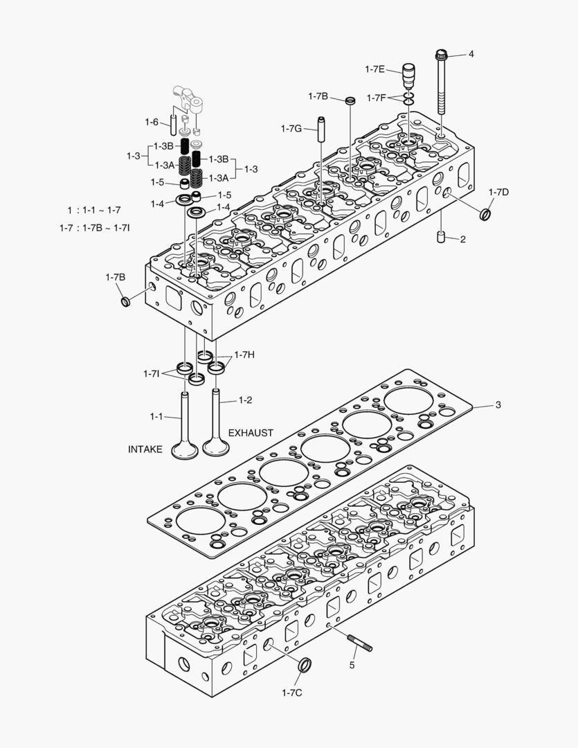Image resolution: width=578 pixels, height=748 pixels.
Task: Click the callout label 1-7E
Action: pos(374,69)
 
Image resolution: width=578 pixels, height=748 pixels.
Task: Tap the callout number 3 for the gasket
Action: pos(497,405)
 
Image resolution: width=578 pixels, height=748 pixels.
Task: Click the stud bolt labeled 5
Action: pos(361,645)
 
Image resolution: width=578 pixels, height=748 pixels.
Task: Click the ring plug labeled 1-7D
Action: pos(487,213)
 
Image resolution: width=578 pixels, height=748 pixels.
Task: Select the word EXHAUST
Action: pos(251,433)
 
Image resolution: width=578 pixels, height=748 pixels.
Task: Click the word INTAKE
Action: pos(145,449)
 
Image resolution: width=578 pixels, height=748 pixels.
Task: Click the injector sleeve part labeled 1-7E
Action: pos(410,73)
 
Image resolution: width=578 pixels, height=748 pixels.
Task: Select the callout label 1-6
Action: pos(152,122)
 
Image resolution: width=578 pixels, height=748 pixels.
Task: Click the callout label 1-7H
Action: pos(244,355)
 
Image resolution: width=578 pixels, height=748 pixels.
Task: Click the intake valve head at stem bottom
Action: pos(184,450)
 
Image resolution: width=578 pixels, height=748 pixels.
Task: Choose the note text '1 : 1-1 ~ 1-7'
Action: pos(93,210)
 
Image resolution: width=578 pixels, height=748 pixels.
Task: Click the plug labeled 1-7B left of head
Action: pos(125,301)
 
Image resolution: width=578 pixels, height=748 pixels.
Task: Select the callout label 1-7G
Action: pos(291,128)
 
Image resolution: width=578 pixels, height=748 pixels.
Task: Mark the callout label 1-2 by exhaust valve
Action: pos(246,400)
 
